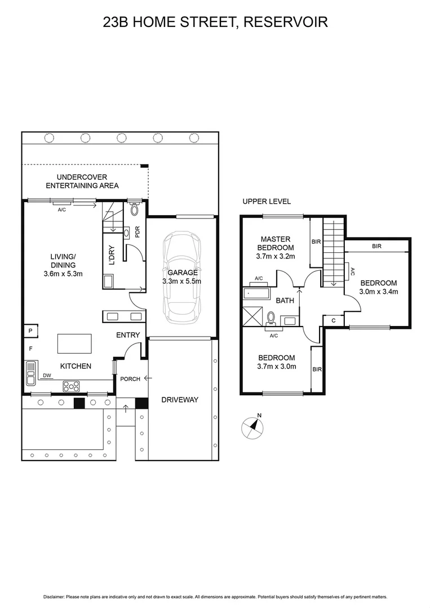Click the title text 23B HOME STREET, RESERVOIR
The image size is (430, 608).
tap(215, 22)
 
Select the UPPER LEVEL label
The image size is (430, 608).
tap(266, 202)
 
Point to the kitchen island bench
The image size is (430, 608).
tap(74, 343)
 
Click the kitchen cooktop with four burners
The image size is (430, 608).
tap(72, 386)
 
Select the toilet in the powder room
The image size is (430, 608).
tap(134, 210)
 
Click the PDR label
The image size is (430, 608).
tap(137, 231)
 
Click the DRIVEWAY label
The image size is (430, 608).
tap(180, 400)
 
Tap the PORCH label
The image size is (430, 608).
tap(130, 379)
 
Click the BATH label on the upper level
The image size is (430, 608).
tap(285, 301)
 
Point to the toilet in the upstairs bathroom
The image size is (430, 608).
tap(271, 319)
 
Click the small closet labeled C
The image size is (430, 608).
tap(334, 321)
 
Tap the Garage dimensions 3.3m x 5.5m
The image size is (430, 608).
tap(181, 281)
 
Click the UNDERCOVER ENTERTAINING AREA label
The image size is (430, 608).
tap(82, 181)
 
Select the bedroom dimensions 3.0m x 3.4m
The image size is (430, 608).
tap(379, 292)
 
